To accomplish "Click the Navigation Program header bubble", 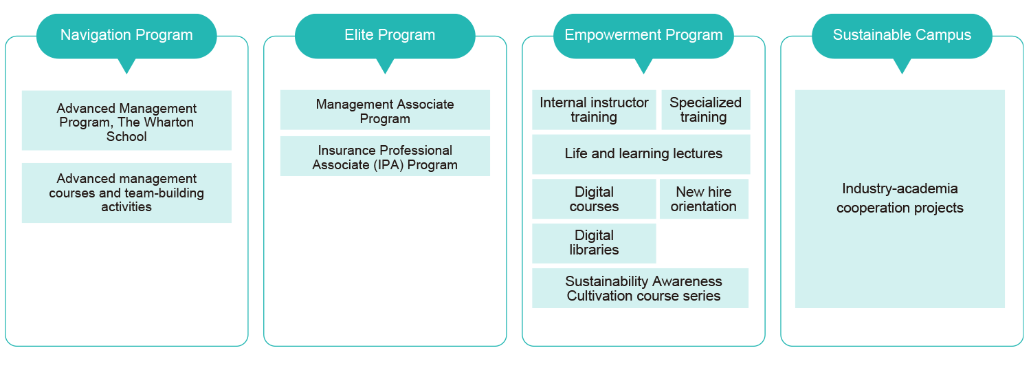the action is [x=126, y=36].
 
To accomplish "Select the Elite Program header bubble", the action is [x=385, y=36].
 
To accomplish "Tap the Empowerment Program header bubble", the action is [x=643, y=36].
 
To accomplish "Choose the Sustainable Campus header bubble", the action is [x=902, y=36].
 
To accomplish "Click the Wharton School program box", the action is [x=126, y=120].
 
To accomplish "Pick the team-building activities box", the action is [x=126, y=193].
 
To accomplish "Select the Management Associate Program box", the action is [x=385, y=109].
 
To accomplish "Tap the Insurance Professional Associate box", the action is [x=385, y=156].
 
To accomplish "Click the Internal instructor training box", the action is [x=594, y=109].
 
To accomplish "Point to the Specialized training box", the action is [x=706, y=109].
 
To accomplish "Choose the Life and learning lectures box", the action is [x=641, y=154].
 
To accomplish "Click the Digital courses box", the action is [x=594, y=199].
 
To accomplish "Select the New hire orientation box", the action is [x=704, y=199].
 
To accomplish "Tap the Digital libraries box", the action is [x=594, y=243].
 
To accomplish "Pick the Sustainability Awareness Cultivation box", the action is [x=640, y=288].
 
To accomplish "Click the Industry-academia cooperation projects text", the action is [x=900, y=198].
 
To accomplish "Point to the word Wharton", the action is [x=168, y=122].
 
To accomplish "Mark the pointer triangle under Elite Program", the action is [x=385, y=66].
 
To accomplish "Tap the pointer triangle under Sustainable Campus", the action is [x=902, y=66].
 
